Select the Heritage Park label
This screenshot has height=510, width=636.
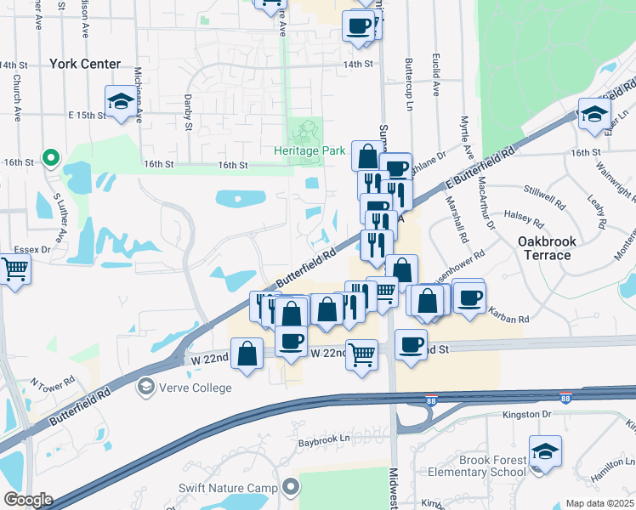[x=309, y=150]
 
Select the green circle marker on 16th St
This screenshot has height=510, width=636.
[x=51, y=157]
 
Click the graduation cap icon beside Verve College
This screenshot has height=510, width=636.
[x=145, y=388]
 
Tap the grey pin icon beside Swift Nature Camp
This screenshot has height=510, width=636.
[x=292, y=487]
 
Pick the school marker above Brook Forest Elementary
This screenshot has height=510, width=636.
[x=544, y=451]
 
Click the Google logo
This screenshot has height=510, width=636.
[x=27, y=500]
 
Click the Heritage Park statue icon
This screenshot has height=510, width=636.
[x=305, y=132]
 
